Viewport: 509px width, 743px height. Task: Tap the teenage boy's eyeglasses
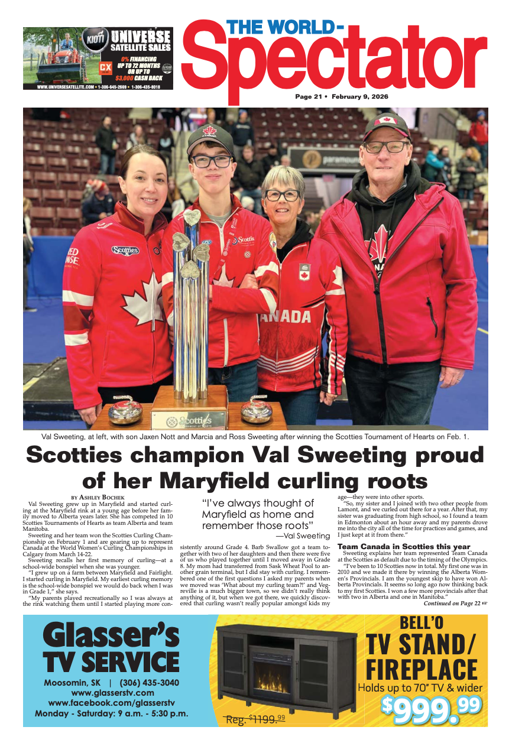211,161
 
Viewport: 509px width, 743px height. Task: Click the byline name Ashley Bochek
96,498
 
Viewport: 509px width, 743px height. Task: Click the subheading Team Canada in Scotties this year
404,546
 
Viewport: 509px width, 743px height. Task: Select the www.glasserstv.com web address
112,693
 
